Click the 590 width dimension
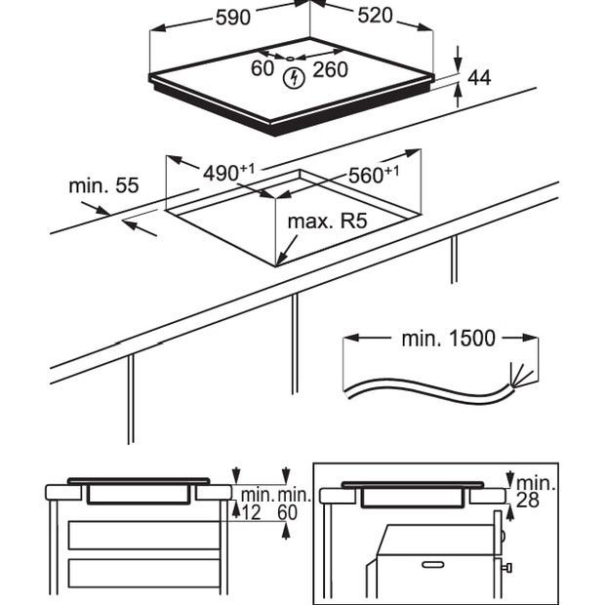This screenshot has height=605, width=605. (x=231, y=16)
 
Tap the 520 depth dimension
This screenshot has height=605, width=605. (x=375, y=16)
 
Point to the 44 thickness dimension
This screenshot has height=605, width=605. (x=479, y=77)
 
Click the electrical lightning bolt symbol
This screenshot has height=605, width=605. (x=291, y=78)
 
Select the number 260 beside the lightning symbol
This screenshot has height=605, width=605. (x=330, y=70)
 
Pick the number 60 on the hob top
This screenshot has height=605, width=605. (x=262, y=68)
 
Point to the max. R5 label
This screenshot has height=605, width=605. (x=326, y=222)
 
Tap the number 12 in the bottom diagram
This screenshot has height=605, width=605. (x=251, y=512)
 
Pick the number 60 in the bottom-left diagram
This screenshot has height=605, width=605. (x=288, y=512)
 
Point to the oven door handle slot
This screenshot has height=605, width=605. (x=430, y=563)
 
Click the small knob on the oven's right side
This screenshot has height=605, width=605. (x=507, y=567)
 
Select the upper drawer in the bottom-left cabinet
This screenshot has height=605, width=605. (x=143, y=535)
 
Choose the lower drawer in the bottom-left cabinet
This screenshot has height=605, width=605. (x=143, y=574)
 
